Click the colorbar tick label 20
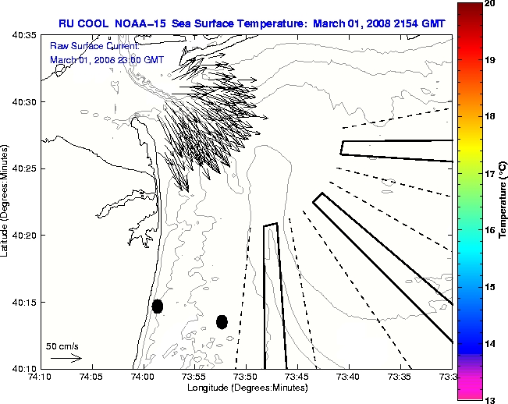coord(490,4)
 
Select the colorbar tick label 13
coord(490,399)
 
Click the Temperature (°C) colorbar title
coord(503,202)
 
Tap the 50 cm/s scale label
coord(62,346)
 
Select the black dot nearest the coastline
coord(158,306)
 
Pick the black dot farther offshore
coord(222,321)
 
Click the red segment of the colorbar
coord(468,39)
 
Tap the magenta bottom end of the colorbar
coord(468,390)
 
